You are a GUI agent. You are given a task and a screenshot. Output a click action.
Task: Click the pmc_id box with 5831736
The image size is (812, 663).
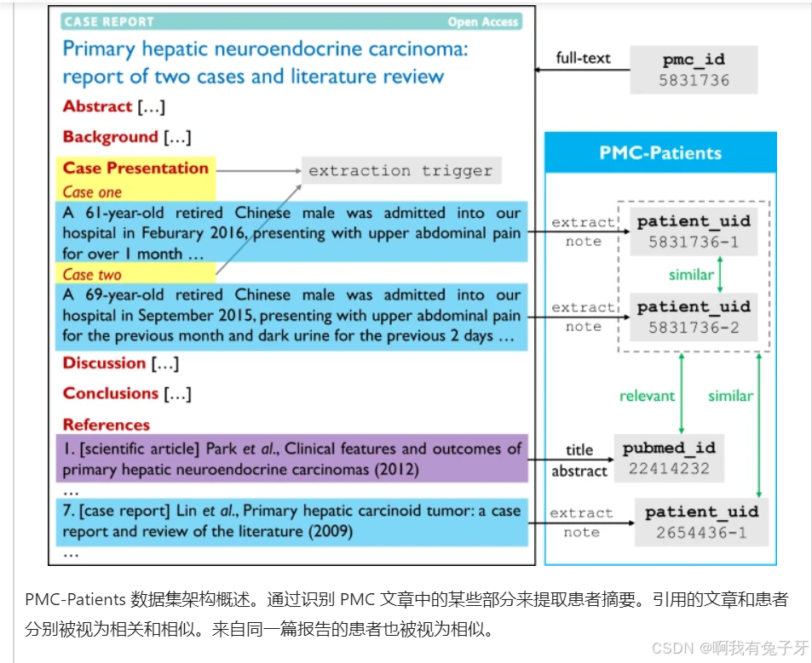click(x=694, y=70)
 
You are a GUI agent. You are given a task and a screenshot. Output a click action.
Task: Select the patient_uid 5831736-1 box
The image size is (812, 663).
click(x=694, y=231)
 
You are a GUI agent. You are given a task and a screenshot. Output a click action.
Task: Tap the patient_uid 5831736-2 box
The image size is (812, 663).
click(x=694, y=316)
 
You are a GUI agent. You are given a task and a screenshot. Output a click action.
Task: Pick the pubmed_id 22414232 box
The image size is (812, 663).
click(x=669, y=458)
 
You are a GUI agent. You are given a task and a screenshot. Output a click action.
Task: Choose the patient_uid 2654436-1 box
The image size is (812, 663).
click(x=701, y=521)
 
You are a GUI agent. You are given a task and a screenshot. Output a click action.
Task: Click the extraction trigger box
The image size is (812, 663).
click(x=401, y=171)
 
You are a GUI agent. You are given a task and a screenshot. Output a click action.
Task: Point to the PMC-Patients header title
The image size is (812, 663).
click(x=660, y=153)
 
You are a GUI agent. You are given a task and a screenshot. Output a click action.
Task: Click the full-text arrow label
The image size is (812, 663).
click(x=583, y=58)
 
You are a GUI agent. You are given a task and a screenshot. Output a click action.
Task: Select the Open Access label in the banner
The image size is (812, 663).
click(x=483, y=22)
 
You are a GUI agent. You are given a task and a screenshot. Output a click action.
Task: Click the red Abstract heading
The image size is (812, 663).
click(x=97, y=106)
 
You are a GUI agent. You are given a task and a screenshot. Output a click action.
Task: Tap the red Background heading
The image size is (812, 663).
click(x=110, y=137)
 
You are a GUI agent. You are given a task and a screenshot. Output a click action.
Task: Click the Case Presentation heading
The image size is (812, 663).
click(x=135, y=168)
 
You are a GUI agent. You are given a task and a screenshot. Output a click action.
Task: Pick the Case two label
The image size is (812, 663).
click(x=92, y=274)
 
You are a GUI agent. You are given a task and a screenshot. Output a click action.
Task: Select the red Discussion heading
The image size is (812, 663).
click(x=104, y=363)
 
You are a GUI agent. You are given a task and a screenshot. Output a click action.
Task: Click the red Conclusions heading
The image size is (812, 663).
click(x=110, y=393)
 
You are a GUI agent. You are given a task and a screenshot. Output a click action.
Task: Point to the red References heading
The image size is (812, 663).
click(x=106, y=425)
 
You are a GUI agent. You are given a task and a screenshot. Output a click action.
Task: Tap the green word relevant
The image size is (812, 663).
click(x=647, y=396)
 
